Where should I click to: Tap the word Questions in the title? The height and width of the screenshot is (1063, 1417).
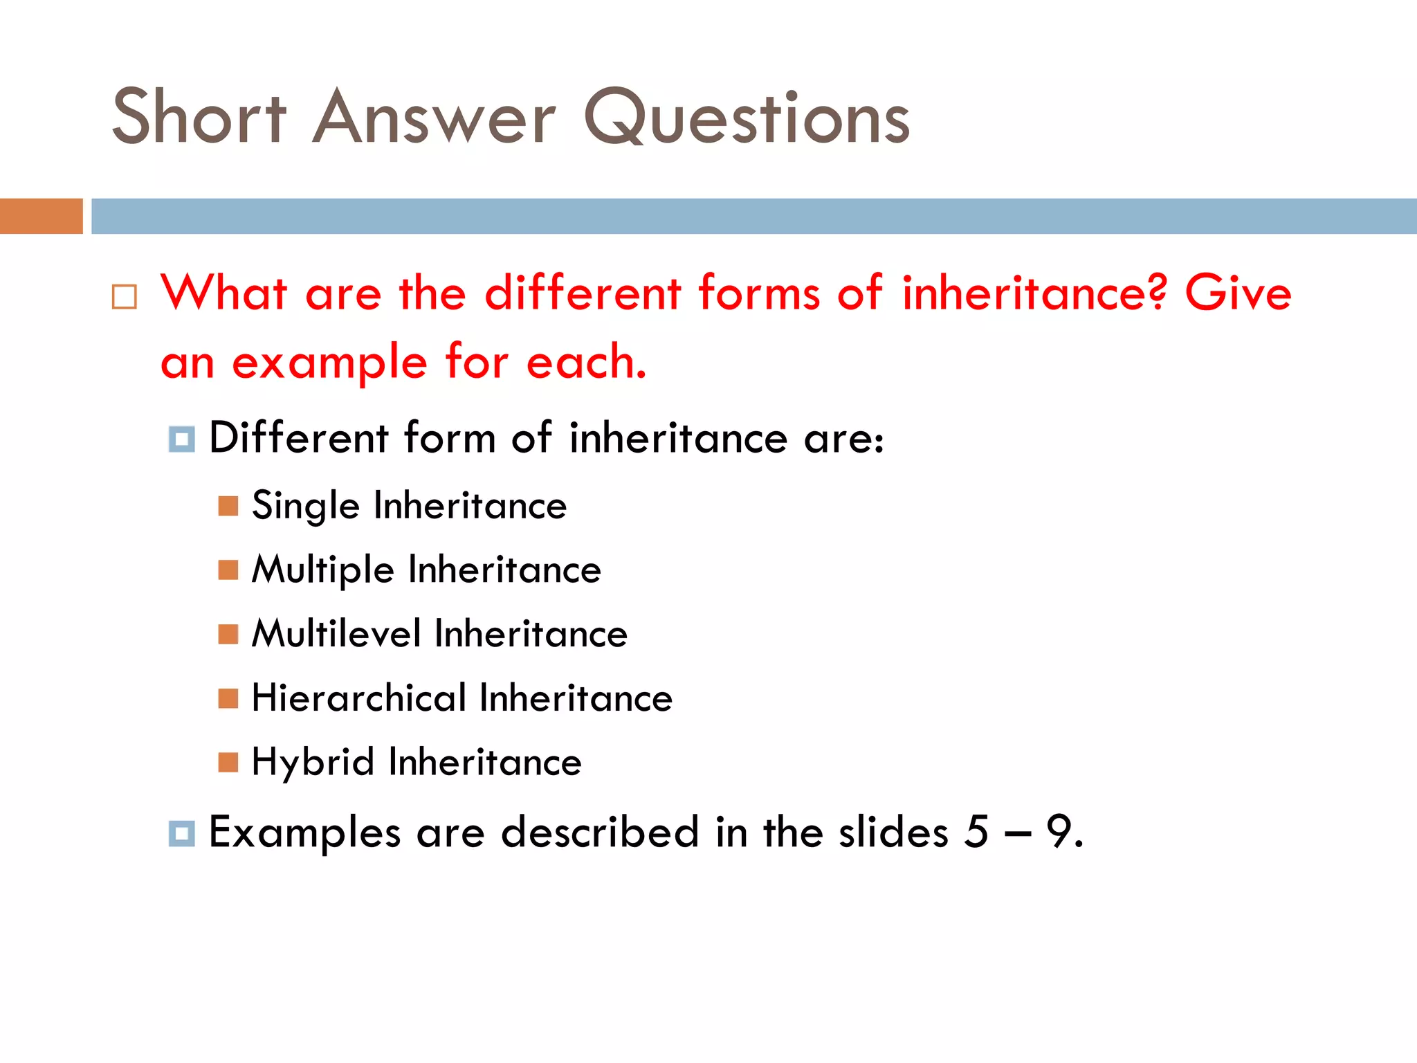coord(747,118)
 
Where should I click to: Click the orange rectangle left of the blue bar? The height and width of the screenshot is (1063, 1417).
coord(41,216)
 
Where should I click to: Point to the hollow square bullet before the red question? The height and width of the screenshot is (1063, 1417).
coord(125,297)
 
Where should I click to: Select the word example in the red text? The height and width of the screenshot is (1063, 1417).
coord(329,363)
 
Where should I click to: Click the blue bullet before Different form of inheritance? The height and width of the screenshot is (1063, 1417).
coord(181,439)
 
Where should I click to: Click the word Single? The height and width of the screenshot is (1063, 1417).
coord(305,505)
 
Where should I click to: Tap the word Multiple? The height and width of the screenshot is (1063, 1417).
coord(322,570)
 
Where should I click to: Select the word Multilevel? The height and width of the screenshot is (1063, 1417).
coord(336,634)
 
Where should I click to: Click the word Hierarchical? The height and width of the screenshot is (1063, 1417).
coord(358,698)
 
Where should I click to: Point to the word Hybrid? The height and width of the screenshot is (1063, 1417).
coord(313,763)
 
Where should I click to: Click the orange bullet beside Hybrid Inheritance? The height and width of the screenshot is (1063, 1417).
coord(228,762)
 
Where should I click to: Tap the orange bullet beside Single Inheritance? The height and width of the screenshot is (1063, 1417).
coord(228,506)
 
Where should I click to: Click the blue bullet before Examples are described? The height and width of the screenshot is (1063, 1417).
coord(181,833)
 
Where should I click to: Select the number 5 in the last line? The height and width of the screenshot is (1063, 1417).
coord(976,831)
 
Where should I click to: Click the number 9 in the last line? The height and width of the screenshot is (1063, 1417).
coord(1059,831)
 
